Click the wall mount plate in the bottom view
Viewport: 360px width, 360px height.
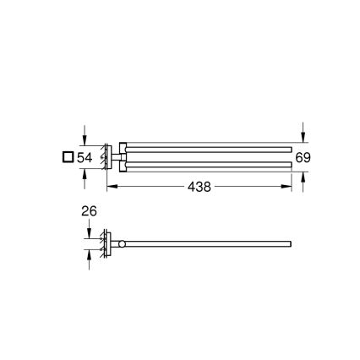pyautogui.click(x=106, y=245)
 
